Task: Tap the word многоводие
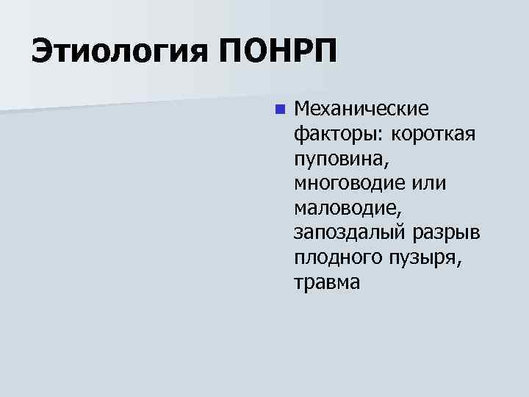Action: coord(350,184)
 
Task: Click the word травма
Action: coord(327,282)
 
